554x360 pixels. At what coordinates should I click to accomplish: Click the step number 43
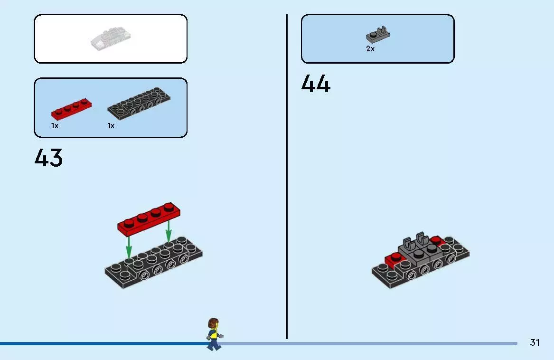pos(48,157)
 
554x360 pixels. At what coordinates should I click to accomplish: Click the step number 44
pos(316,84)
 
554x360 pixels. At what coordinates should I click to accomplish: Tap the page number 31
pos(535,342)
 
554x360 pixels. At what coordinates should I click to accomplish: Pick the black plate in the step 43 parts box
pos(139,103)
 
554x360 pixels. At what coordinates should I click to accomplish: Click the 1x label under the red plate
pos(55,125)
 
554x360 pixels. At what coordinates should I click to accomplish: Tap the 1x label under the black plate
pos(111,125)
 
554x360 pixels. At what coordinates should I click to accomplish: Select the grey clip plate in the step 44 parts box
pos(378,35)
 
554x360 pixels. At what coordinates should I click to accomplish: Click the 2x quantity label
pos(370,49)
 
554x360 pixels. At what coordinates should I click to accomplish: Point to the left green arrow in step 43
pos(129,247)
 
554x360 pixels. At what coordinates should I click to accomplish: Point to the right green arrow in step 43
pos(169,231)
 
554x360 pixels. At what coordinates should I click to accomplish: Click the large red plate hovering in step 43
pos(149,219)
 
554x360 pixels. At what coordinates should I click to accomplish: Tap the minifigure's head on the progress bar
pos(213,323)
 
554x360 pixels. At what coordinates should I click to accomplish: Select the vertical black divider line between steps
pos(287,177)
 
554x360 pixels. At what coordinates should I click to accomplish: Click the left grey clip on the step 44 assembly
pos(408,243)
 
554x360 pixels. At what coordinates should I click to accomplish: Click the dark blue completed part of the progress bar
pos(104,343)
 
